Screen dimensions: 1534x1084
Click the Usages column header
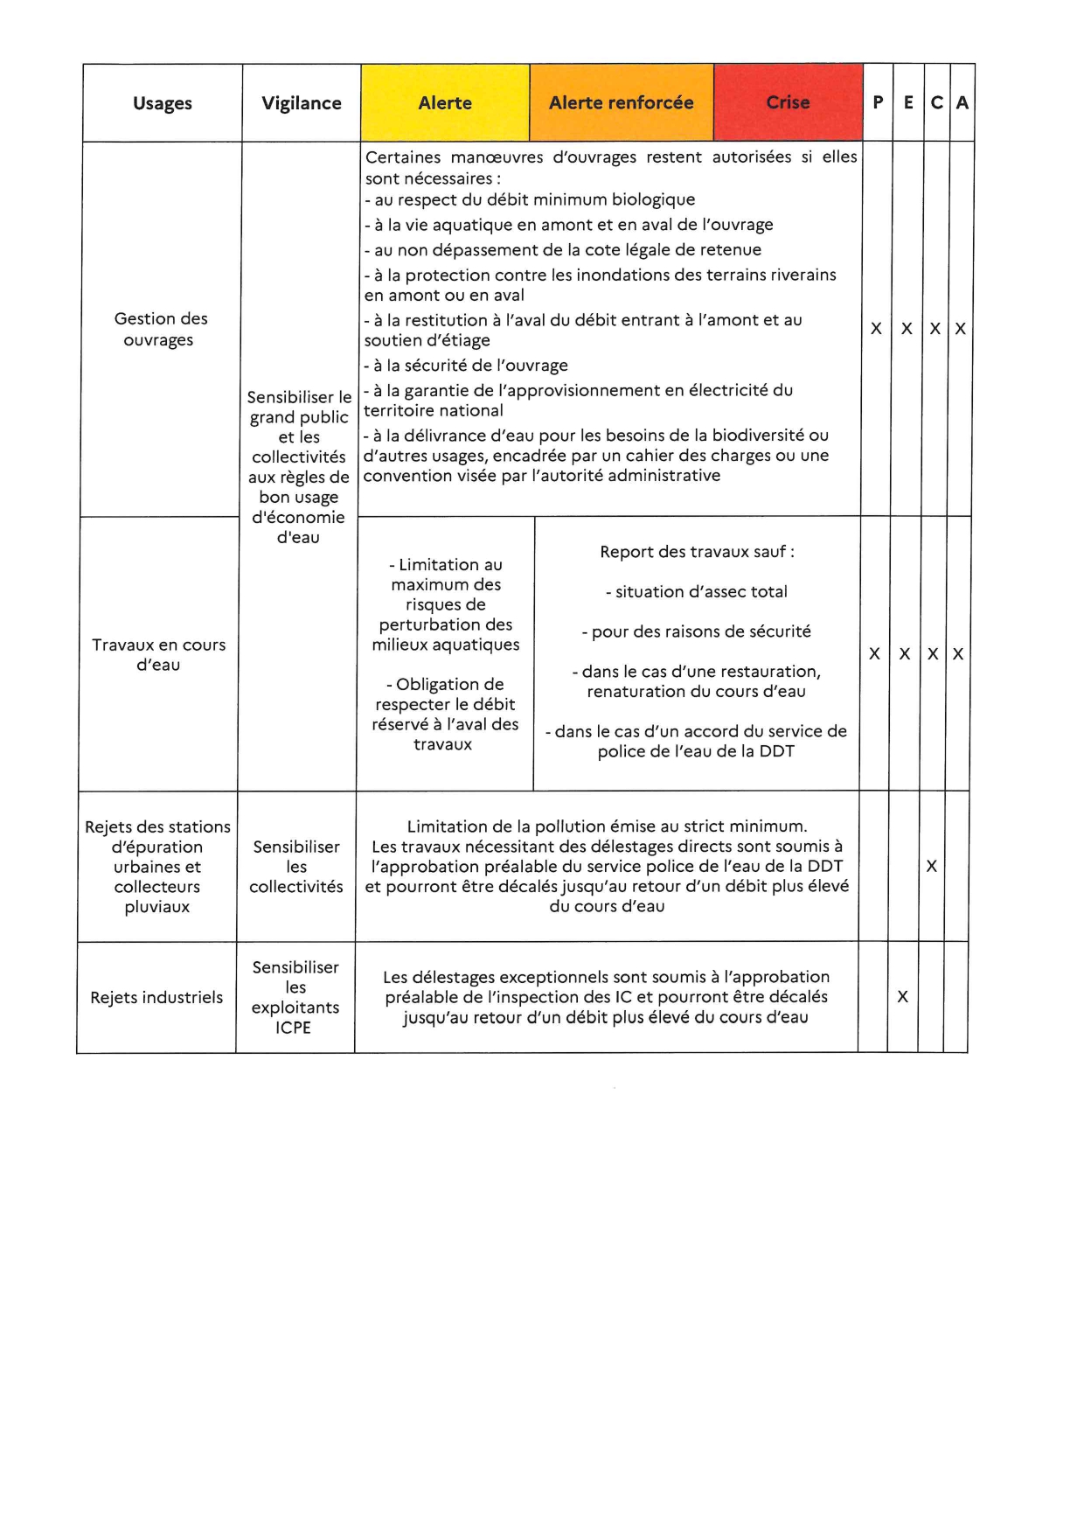[x=163, y=103]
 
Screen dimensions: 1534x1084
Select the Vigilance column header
[x=302, y=103]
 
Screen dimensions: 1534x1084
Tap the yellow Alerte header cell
[x=445, y=103]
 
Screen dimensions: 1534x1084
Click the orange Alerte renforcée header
[x=621, y=103]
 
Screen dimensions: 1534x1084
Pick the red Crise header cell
[x=788, y=103]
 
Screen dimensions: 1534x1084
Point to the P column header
[x=878, y=103]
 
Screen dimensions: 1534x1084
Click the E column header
[x=908, y=103]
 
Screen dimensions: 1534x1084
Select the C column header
[x=936, y=103]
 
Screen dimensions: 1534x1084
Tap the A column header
[x=962, y=103]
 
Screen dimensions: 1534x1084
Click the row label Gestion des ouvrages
[x=160, y=329]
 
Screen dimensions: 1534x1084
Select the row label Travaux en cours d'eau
[x=158, y=654]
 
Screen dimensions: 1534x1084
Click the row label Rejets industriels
[x=156, y=997]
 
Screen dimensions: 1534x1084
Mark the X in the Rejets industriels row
[x=902, y=996]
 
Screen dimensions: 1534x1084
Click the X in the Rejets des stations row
[x=931, y=866]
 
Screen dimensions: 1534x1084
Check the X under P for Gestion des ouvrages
[x=876, y=329]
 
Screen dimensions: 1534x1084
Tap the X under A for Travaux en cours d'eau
[x=958, y=653]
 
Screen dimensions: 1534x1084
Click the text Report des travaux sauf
[x=697, y=552]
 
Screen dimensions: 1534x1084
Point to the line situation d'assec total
[x=697, y=592]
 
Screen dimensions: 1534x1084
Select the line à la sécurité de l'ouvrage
[x=466, y=366]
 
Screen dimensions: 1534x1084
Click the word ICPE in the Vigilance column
[x=293, y=1028]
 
